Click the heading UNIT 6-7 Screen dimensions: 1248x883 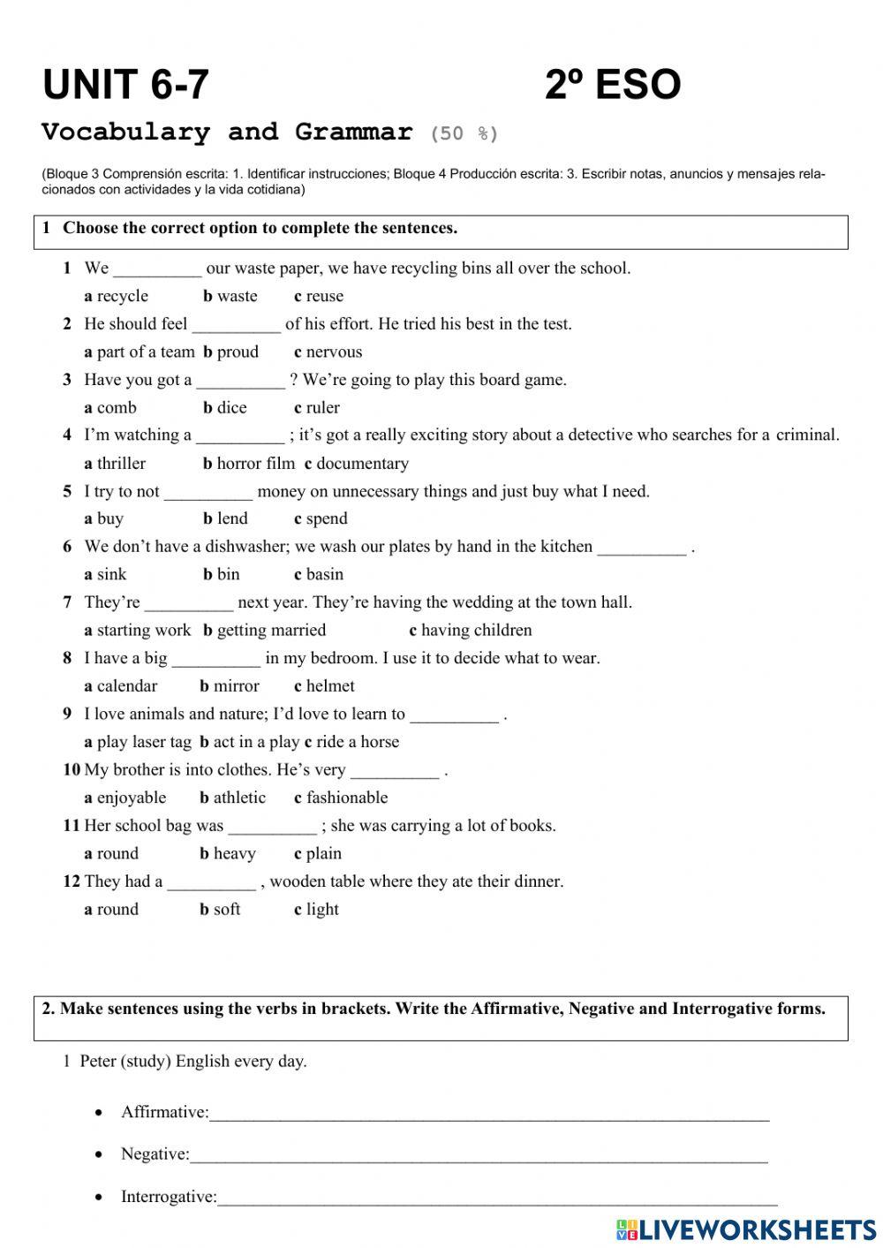(125, 85)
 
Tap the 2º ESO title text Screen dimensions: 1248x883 (612, 85)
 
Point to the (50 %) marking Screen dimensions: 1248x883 (464, 134)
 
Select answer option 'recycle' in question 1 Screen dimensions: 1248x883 (122, 296)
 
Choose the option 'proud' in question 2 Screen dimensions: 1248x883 (237, 352)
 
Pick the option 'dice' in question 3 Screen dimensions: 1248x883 (231, 407)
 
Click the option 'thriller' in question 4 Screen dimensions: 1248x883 (120, 463)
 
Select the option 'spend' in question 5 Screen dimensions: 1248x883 (326, 518)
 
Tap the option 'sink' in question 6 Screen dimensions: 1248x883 (111, 574)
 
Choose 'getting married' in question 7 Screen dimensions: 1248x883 (270, 630)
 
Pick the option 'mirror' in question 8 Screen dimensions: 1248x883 (236, 685)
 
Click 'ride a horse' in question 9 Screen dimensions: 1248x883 (357, 742)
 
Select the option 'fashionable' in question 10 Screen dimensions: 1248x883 (346, 798)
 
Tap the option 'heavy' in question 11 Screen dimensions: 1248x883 (234, 853)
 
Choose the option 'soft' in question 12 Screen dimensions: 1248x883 (226, 909)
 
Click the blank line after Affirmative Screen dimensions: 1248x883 (489, 1116)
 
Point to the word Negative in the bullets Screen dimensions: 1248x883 (155, 1154)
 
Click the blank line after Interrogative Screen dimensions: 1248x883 (497, 1201)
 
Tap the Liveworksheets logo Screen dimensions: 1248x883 (745, 1229)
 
